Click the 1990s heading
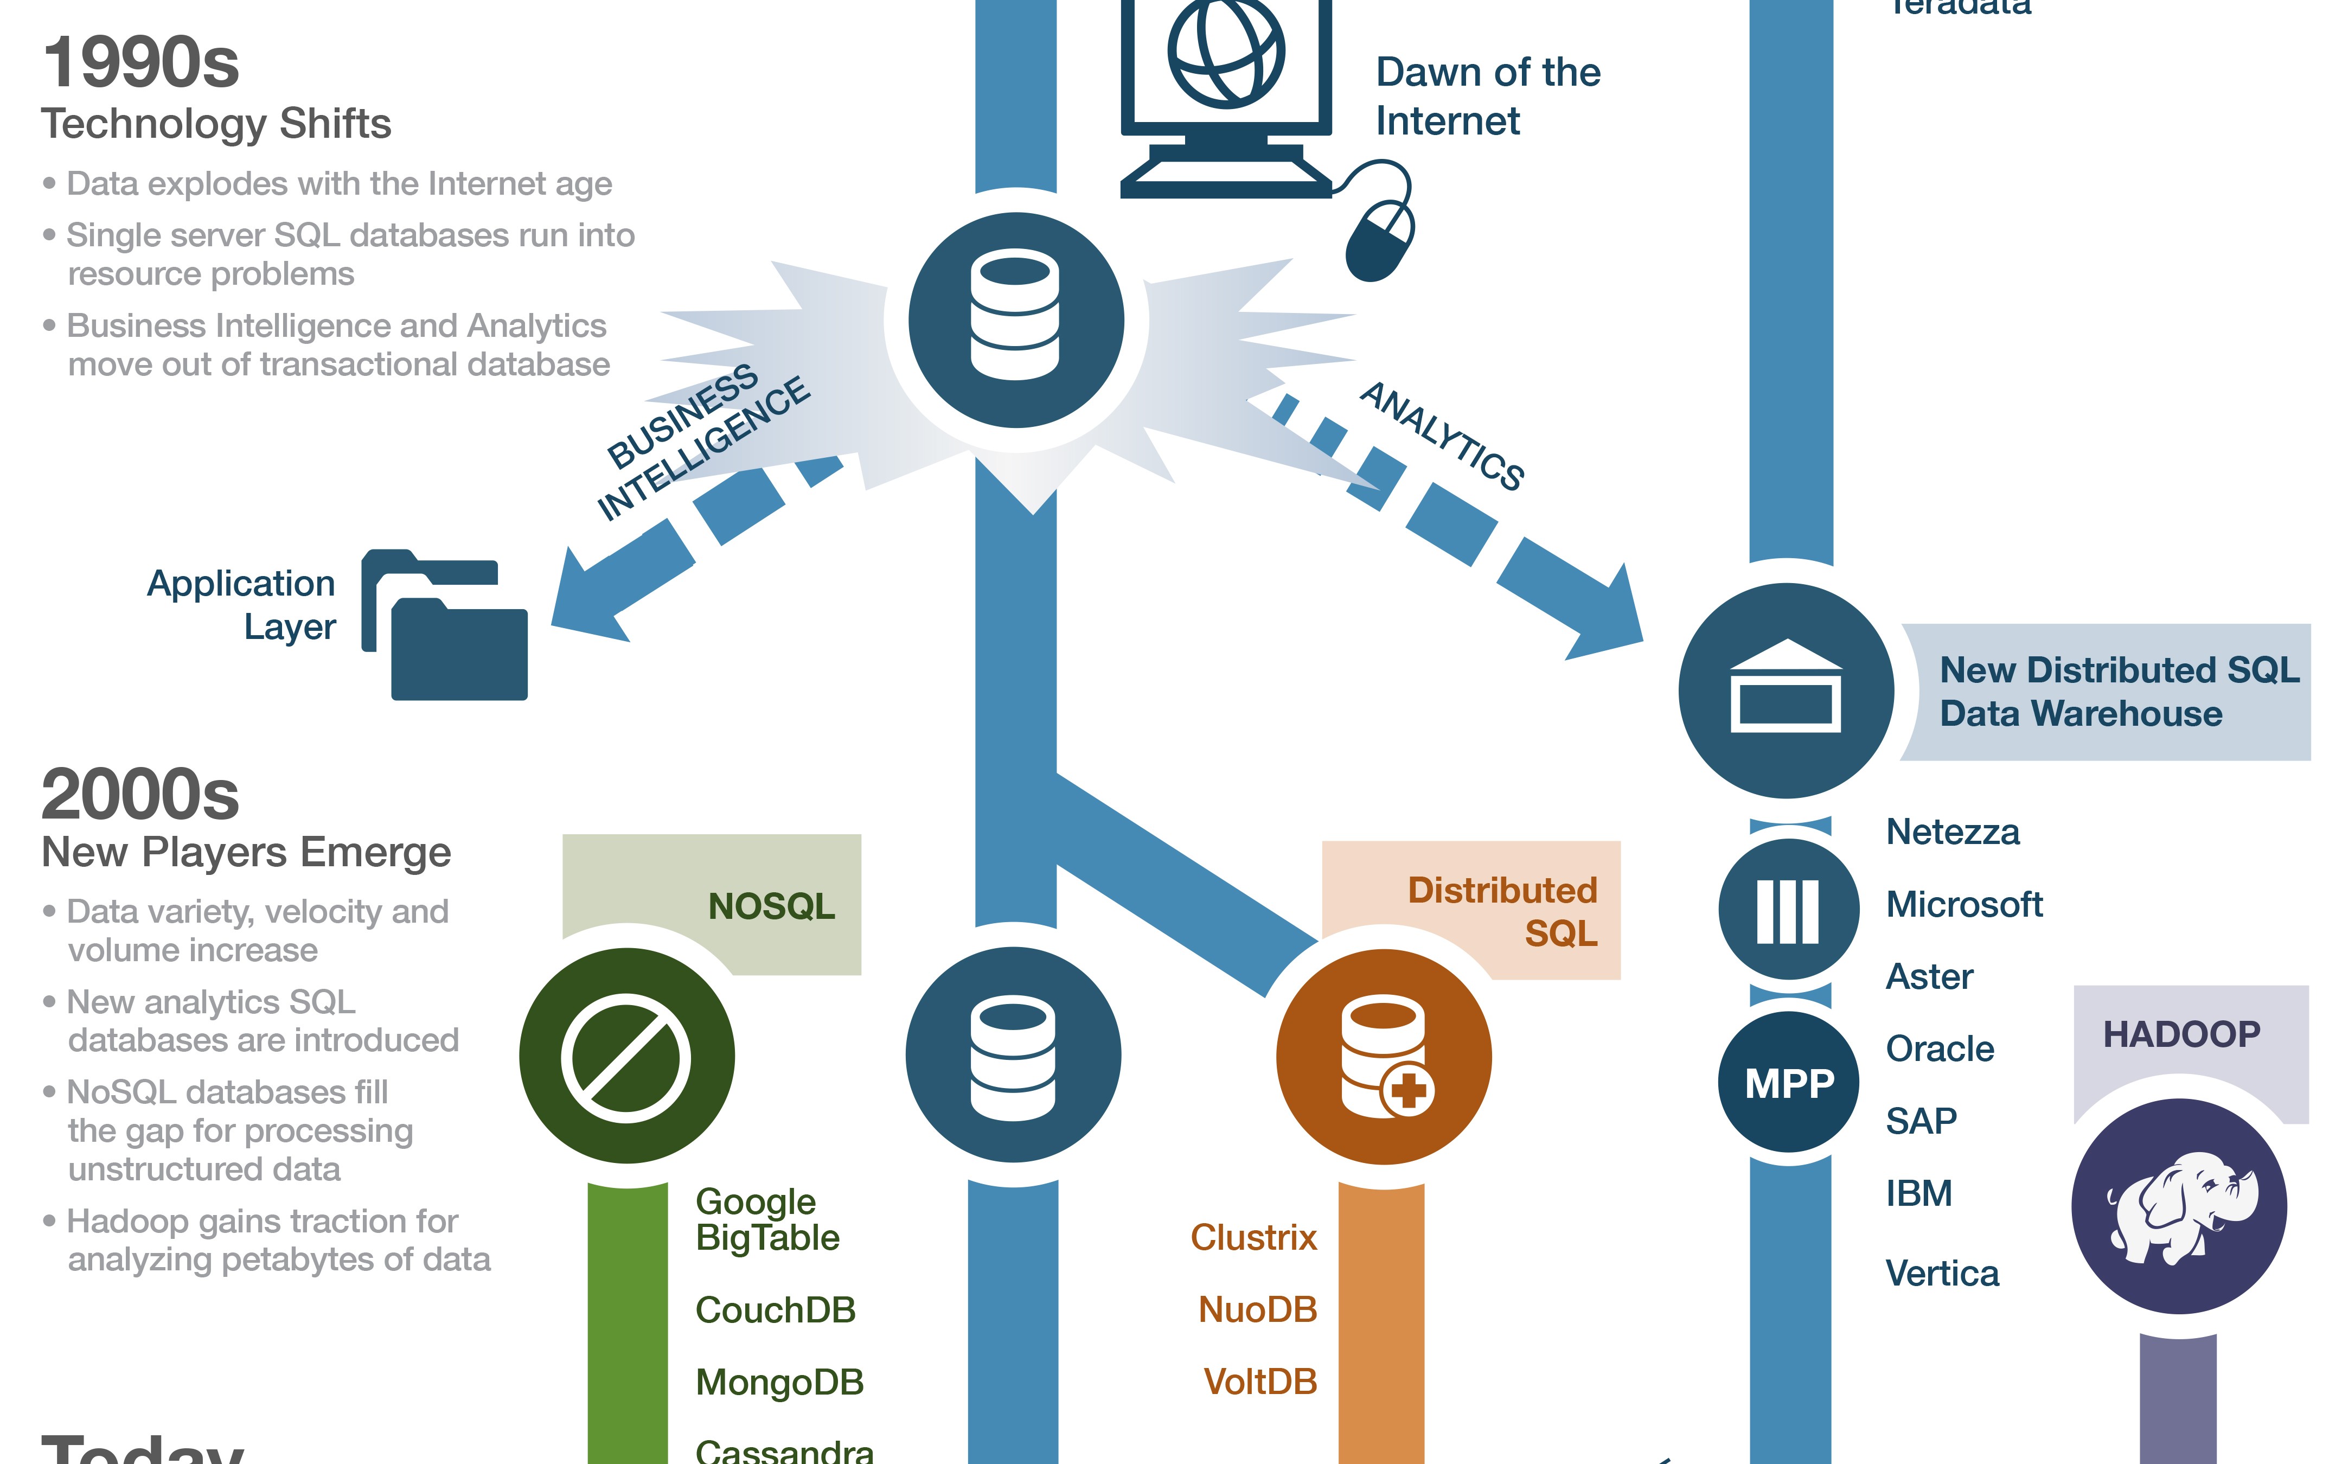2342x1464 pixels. (x=140, y=63)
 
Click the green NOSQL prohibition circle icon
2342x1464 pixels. (x=626, y=1056)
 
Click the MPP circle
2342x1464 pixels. (x=1788, y=1083)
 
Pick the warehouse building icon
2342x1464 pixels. (x=1786, y=689)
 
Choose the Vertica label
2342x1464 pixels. (x=1941, y=1273)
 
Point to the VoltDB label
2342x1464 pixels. (x=1259, y=1382)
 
